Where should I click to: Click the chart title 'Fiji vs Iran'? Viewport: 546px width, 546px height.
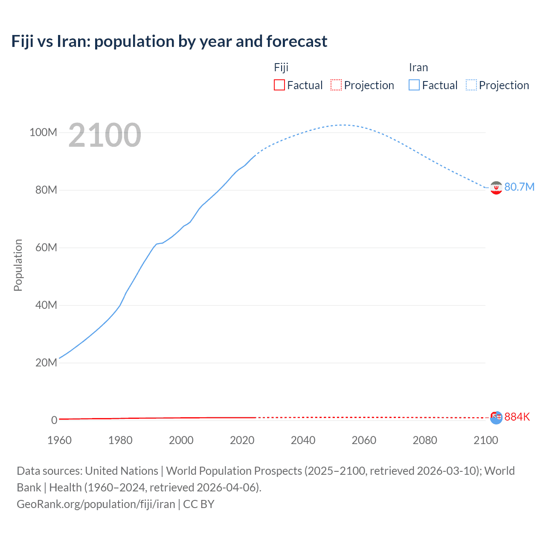pos(169,41)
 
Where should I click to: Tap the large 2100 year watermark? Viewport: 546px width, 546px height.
pos(105,135)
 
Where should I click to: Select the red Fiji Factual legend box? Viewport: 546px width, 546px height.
pos(279,85)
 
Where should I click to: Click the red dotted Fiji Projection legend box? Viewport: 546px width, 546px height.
pos(336,85)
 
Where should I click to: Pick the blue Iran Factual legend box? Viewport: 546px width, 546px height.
pos(414,85)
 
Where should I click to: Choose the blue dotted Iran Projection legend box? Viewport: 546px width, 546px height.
pos(471,85)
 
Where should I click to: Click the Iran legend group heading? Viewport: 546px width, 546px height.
pos(418,67)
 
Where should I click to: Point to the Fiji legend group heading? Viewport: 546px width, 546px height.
pos(281,67)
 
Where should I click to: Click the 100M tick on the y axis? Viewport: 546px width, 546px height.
pos(43,133)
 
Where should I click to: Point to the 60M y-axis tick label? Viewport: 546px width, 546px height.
pos(46,248)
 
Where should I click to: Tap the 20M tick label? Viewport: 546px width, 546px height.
pos(46,363)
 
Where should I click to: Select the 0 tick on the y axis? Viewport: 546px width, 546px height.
pos(54,420)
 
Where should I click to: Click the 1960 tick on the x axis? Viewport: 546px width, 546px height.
pos(59,440)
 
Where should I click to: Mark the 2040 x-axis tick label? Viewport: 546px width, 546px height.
pos(303,440)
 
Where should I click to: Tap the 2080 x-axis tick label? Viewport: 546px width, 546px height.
pos(425,440)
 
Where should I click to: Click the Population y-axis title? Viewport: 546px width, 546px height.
pos(18,265)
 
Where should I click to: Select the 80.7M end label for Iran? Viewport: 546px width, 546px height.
pos(519,187)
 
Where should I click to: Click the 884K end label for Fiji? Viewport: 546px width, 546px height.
pos(517,417)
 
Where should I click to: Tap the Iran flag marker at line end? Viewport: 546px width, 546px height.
pos(496,188)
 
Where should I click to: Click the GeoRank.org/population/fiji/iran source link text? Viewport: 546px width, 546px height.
pos(96,504)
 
